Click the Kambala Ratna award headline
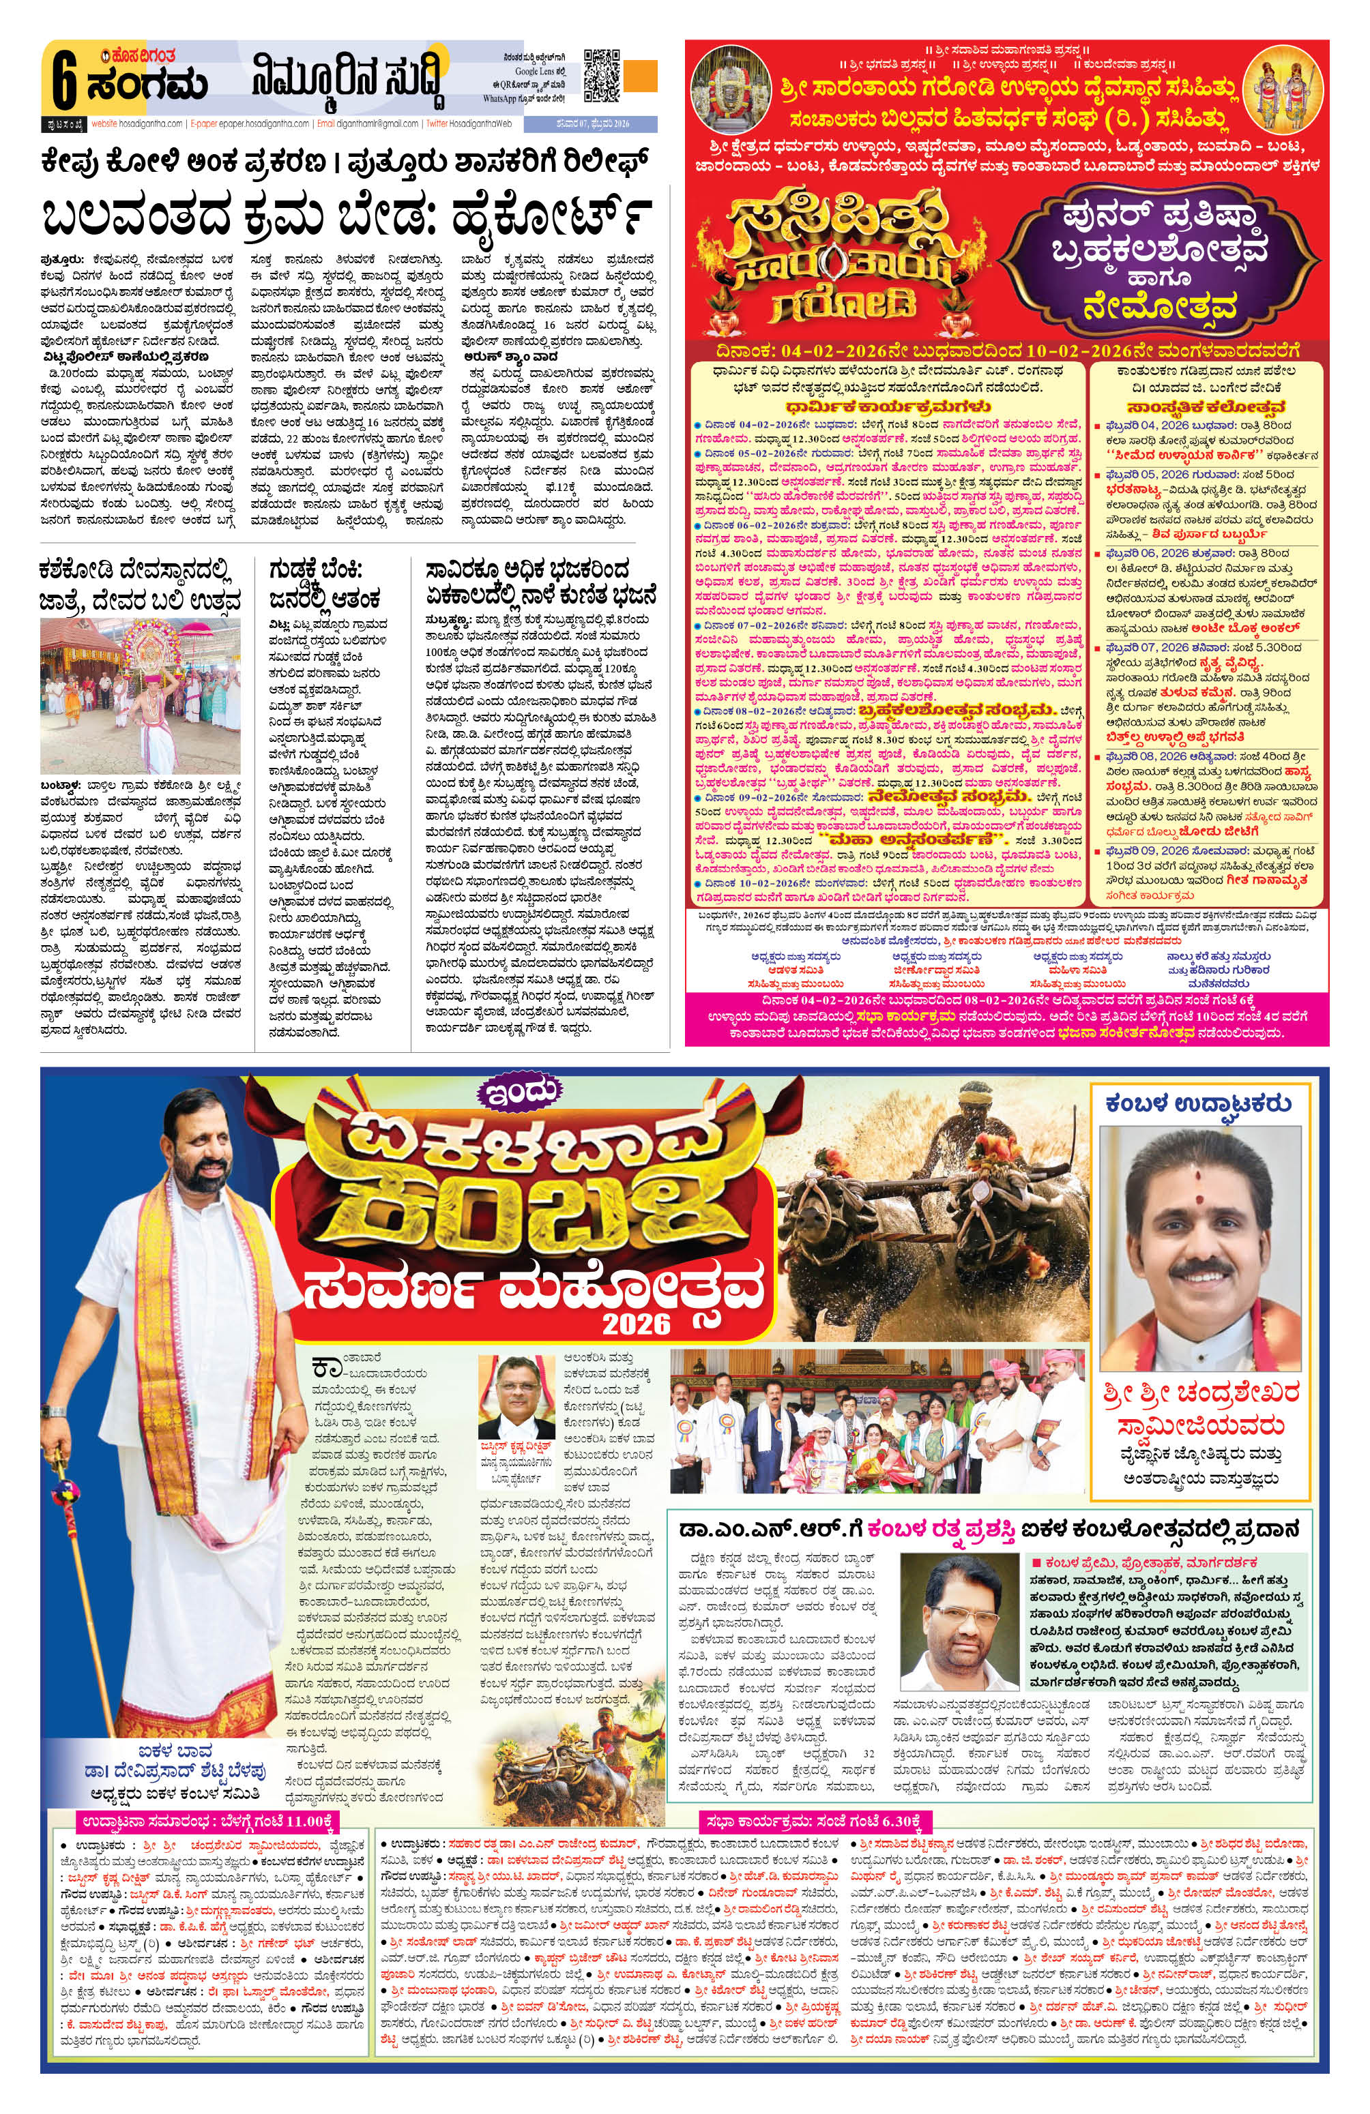pos(985,1529)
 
